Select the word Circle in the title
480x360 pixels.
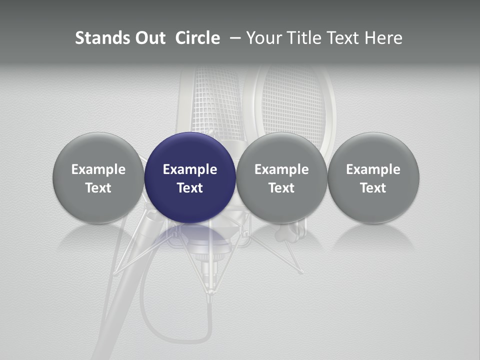click(197, 38)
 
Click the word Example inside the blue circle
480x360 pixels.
click(190, 169)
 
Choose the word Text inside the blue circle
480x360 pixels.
click(190, 188)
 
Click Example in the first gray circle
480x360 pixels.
click(98, 169)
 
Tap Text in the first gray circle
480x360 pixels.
click(98, 188)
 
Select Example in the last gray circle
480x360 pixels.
click(373, 169)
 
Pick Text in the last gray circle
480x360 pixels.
click(373, 188)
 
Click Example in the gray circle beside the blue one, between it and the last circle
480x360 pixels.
click(281, 169)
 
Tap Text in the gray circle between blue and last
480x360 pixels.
click(281, 188)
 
